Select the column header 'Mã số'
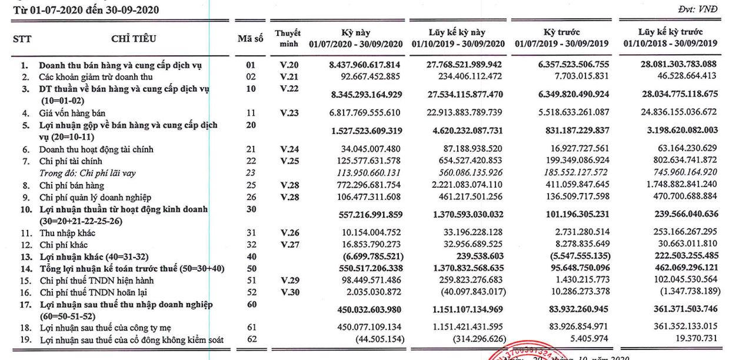click(x=250, y=39)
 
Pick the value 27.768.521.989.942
click(x=464, y=65)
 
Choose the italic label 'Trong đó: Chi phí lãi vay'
click(x=85, y=173)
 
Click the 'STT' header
click(x=22, y=39)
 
